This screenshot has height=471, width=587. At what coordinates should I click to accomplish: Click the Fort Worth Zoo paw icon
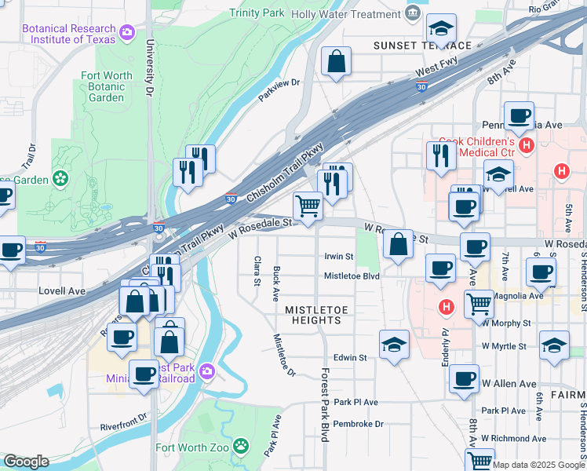click(242, 448)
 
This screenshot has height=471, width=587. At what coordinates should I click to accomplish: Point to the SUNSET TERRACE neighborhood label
click(422, 46)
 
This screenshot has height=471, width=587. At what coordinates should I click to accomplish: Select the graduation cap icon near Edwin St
click(394, 344)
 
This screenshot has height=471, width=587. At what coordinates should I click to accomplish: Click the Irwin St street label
click(339, 257)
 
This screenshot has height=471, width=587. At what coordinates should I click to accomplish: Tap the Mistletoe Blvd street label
click(352, 276)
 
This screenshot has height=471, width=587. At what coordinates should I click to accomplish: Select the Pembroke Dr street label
click(358, 424)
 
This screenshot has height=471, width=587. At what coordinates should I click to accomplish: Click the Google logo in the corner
click(25, 462)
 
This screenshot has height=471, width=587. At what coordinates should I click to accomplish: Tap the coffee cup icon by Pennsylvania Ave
click(519, 116)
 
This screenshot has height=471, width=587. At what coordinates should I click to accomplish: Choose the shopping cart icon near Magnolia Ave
click(478, 301)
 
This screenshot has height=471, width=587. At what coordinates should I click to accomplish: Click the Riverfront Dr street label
click(123, 422)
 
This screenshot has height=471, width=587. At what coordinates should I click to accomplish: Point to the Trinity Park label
click(257, 13)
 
